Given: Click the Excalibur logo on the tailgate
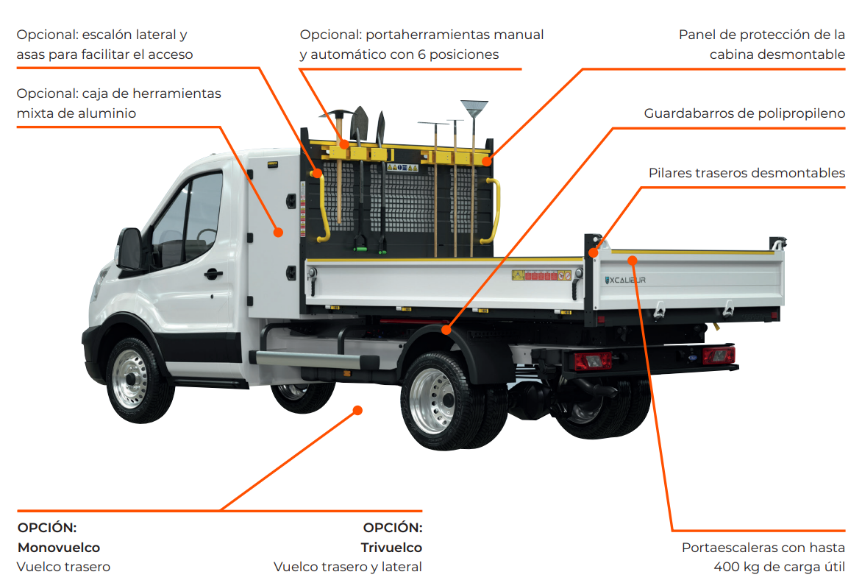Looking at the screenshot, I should click(x=626, y=279).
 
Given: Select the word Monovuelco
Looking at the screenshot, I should click(x=59, y=548).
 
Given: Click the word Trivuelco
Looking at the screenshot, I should click(x=391, y=548).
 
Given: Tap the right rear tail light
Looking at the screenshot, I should click(x=718, y=356).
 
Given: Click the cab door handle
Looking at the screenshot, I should click(x=213, y=274).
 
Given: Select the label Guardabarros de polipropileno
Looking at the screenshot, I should click(x=744, y=113).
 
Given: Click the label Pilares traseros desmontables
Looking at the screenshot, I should click(x=747, y=173).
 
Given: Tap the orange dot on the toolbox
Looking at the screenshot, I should click(x=279, y=233).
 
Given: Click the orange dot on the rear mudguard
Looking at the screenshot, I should click(x=446, y=331).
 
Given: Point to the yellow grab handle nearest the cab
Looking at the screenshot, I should click(x=321, y=207).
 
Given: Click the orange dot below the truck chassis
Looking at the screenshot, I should click(x=358, y=410).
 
